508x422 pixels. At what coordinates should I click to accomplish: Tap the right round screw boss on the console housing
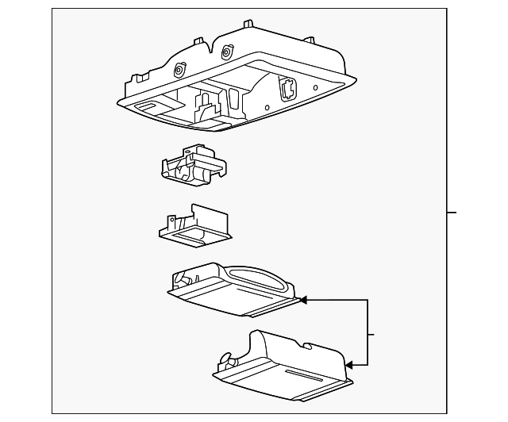point(227,53)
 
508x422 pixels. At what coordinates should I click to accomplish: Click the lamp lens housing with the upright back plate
point(195,225)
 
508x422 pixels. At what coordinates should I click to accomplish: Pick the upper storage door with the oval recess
point(230,290)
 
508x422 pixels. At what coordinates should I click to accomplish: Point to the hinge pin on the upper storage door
point(183,278)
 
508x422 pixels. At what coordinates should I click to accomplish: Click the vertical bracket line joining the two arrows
point(368,333)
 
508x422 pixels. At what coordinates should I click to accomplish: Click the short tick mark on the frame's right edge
point(452,213)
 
